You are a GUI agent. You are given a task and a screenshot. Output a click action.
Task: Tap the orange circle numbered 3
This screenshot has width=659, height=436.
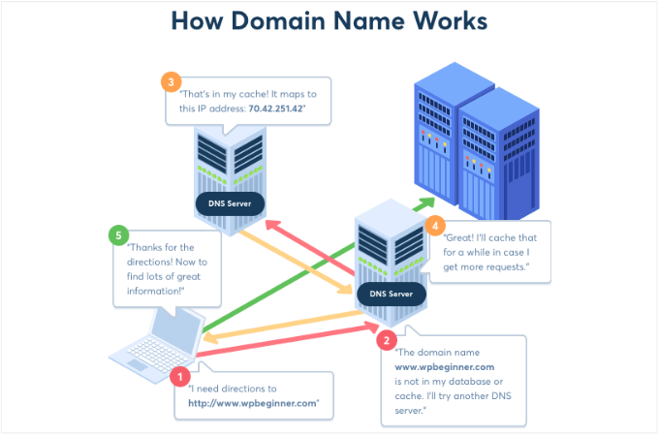pos(171,82)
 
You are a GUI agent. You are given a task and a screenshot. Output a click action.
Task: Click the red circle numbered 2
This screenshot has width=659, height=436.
pos(387,340)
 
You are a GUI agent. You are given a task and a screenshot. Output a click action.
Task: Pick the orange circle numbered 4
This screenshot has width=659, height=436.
pos(436,226)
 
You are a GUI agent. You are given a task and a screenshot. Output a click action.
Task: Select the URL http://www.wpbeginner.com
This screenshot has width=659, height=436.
pos(253,403)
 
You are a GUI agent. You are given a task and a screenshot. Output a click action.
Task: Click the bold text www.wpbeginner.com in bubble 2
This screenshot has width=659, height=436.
pos(444,367)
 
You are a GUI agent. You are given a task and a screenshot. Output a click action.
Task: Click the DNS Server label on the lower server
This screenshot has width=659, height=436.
pos(392,293)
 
